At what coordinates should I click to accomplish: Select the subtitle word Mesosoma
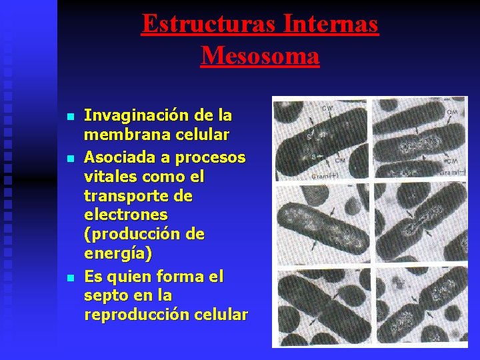coord(260,55)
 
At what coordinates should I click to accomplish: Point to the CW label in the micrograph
coord(329,108)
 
